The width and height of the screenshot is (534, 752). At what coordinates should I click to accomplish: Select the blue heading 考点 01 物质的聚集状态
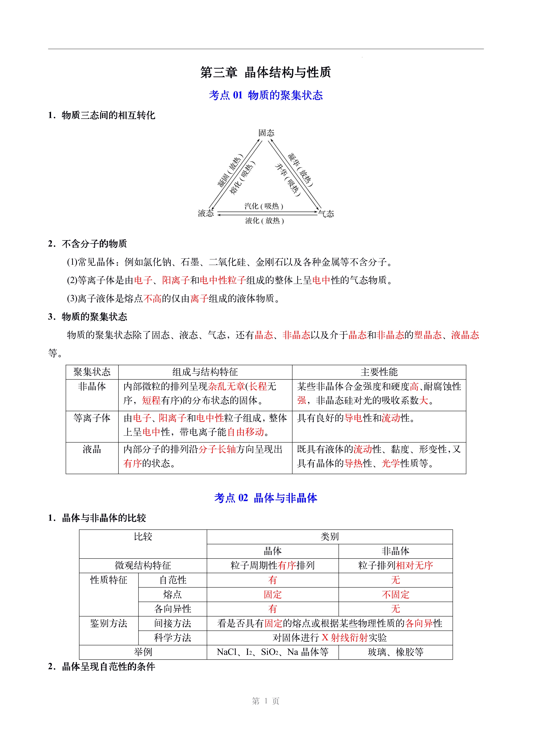[266, 95]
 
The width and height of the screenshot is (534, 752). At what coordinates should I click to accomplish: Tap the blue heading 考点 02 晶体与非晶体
[266, 498]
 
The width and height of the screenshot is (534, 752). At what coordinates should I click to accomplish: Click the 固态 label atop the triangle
[266, 133]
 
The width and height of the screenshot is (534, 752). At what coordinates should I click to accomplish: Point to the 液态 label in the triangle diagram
[206, 213]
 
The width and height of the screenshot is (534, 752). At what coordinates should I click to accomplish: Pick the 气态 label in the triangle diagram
[326, 214]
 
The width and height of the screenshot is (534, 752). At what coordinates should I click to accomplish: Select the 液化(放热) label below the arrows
[264, 221]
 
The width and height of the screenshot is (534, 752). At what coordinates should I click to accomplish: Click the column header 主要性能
[379, 372]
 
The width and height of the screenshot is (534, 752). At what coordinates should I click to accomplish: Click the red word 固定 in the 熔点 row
[273, 595]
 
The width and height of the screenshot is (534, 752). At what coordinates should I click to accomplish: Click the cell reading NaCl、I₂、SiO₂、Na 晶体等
[273, 652]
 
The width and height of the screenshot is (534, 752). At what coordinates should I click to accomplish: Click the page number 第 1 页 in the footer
[266, 701]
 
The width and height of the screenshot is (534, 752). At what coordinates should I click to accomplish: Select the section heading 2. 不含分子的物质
[88, 244]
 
